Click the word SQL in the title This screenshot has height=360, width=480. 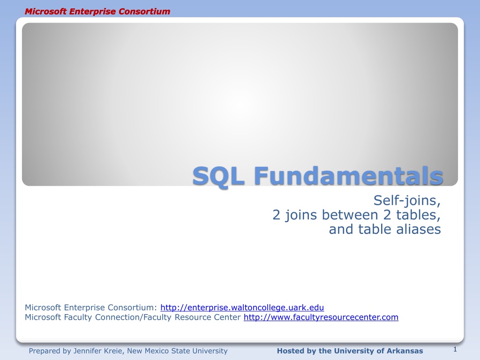[x=218, y=177]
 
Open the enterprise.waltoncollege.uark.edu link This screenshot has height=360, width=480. [x=242, y=307]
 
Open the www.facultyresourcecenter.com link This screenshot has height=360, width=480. [x=321, y=317]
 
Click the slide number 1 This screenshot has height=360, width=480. [x=455, y=349]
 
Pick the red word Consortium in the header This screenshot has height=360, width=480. [x=144, y=11]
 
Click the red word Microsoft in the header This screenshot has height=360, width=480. [x=45, y=11]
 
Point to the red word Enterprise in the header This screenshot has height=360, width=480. [x=93, y=12]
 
